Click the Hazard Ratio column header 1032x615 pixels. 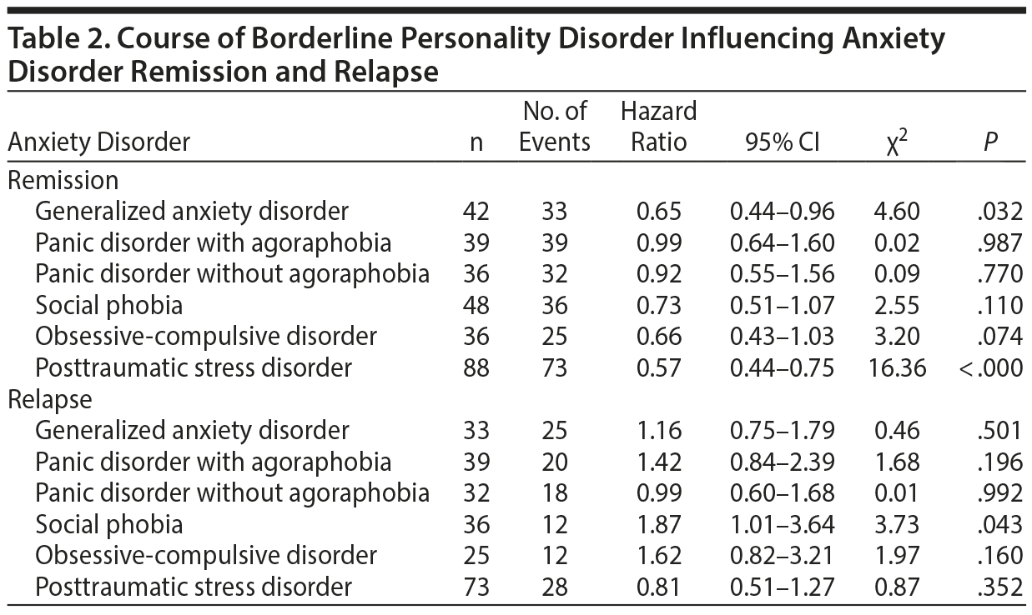click(658, 126)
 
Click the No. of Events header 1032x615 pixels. click(554, 126)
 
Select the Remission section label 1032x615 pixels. click(63, 180)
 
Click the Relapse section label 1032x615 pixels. click(49, 399)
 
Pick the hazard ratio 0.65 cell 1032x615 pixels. click(658, 212)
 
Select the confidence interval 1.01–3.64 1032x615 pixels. click(782, 525)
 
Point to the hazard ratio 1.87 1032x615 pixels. click(658, 525)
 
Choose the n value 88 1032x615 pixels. click(476, 368)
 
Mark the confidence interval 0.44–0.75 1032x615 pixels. click(782, 368)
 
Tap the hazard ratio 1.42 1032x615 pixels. click(658, 462)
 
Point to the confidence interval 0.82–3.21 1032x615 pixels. click(782, 556)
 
